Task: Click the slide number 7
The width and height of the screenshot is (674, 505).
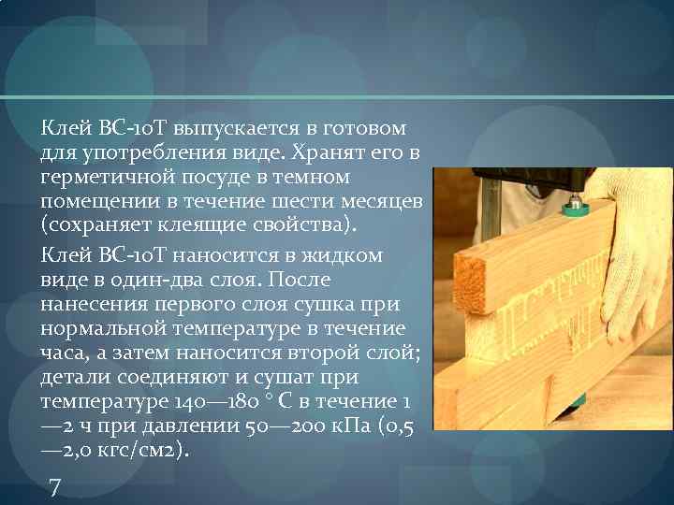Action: [x=53, y=487]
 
